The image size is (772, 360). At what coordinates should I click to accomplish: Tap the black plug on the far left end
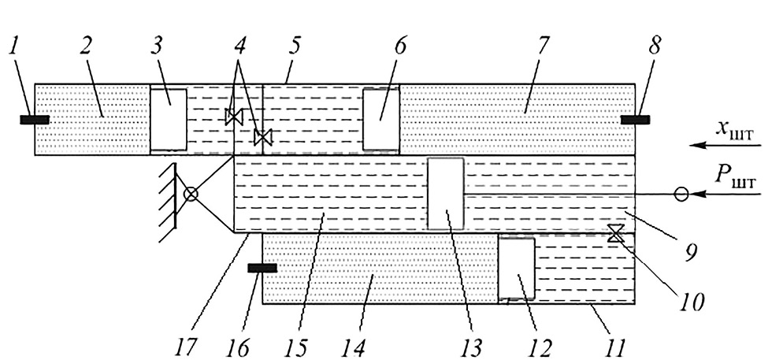pyautogui.click(x=35, y=120)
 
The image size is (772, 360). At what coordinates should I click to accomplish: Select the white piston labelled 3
pyautogui.click(x=169, y=119)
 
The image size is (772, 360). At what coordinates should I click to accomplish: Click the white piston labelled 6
pyautogui.click(x=380, y=119)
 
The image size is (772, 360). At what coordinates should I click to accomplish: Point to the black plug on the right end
pyautogui.click(x=635, y=120)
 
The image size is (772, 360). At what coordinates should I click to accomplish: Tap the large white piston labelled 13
pyautogui.click(x=446, y=193)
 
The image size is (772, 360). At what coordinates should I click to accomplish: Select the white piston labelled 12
pyautogui.click(x=518, y=269)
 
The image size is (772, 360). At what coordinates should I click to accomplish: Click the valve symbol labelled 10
pyautogui.click(x=616, y=233)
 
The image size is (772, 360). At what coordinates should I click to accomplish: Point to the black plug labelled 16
pyautogui.click(x=262, y=269)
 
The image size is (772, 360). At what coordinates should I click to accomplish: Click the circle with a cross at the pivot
pyautogui.click(x=190, y=193)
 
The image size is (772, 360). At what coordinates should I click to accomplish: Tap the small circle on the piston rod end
pyautogui.click(x=681, y=194)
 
